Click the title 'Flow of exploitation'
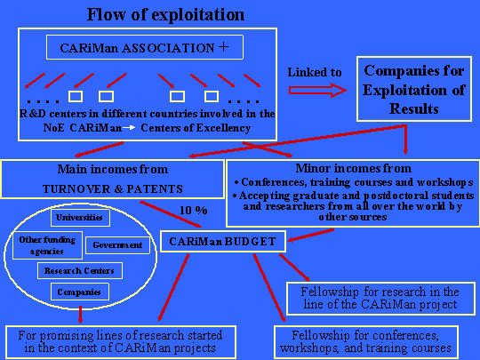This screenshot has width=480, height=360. (x=165, y=14)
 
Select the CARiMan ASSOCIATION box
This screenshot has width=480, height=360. (x=145, y=47)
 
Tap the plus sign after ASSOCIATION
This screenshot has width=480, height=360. (x=223, y=47)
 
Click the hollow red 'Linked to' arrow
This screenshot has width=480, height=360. (x=317, y=91)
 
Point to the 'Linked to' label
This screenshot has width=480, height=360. (x=315, y=72)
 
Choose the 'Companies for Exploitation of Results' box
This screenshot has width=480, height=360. (x=414, y=89)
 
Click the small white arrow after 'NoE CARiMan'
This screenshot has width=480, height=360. (x=129, y=128)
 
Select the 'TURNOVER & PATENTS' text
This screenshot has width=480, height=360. (x=113, y=188)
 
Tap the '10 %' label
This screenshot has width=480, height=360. (x=194, y=211)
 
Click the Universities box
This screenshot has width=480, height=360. (x=80, y=218)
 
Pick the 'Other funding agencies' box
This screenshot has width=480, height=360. (x=47, y=245)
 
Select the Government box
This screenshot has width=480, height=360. (x=118, y=245)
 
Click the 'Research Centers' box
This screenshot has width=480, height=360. (x=80, y=270)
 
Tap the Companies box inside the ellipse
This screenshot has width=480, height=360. (x=80, y=292)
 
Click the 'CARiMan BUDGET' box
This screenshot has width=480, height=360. (x=223, y=242)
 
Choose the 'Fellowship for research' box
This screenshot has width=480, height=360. (x=380, y=299)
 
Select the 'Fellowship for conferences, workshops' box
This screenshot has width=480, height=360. (x=366, y=342)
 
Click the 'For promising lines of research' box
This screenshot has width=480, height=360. (x=121, y=342)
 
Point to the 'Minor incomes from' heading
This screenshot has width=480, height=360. (x=354, y=168)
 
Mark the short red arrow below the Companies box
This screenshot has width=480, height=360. (x=80, y=314)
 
